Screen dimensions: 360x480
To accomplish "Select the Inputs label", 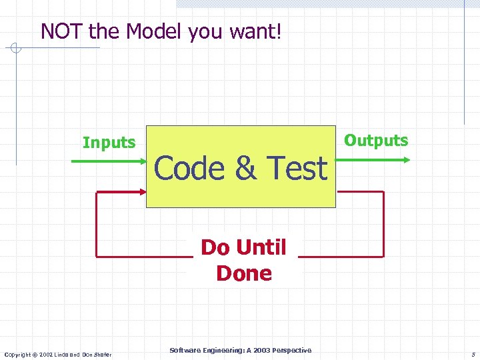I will point(109,143).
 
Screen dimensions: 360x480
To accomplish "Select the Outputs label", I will point(376,140).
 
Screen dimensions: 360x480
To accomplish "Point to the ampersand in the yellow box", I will point(245,168).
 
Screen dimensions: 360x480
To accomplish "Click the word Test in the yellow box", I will point(297,168).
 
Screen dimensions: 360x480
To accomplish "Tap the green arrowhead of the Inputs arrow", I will point(142,161).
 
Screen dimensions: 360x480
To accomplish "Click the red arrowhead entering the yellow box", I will point(142,192).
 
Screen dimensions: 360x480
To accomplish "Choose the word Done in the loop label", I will point(244,273).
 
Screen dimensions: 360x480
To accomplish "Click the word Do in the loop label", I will point(215,247).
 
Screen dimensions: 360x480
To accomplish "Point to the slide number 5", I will point(472,355).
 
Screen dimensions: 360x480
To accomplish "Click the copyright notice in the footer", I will point(58,354).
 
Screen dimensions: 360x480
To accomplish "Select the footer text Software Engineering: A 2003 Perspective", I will point(240,350).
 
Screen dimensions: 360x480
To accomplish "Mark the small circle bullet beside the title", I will point(17,48).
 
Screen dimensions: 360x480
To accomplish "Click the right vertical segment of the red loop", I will point(384,224).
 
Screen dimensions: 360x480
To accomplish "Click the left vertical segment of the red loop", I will point(97,224).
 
